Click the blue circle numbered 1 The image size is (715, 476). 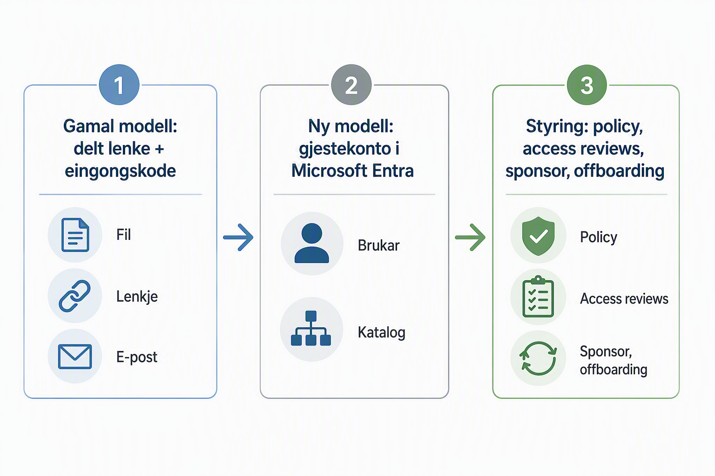pos(119,85)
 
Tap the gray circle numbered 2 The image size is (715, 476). pos(351,85)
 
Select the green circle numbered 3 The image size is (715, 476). pos(587,85)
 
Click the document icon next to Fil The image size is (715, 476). pos(75,235)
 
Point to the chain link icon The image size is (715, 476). pos(74,296)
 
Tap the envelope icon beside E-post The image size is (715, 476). pos(75,357)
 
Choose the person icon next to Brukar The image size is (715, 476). pos(311,243)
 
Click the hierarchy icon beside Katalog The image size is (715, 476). pos(311,328)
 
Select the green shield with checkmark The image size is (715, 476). pos(538,236)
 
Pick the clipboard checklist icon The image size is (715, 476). pos(538,297)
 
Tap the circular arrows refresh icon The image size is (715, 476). pos(538,358)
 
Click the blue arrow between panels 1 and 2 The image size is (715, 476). pos(238,237)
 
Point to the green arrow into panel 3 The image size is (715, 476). pos(470,237)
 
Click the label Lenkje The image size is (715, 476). pos(137,297)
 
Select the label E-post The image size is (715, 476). pos(136,357)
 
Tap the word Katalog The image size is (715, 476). pos(381,332)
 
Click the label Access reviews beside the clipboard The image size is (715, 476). pos(624,299)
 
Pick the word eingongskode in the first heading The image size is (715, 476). pos(121,171)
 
